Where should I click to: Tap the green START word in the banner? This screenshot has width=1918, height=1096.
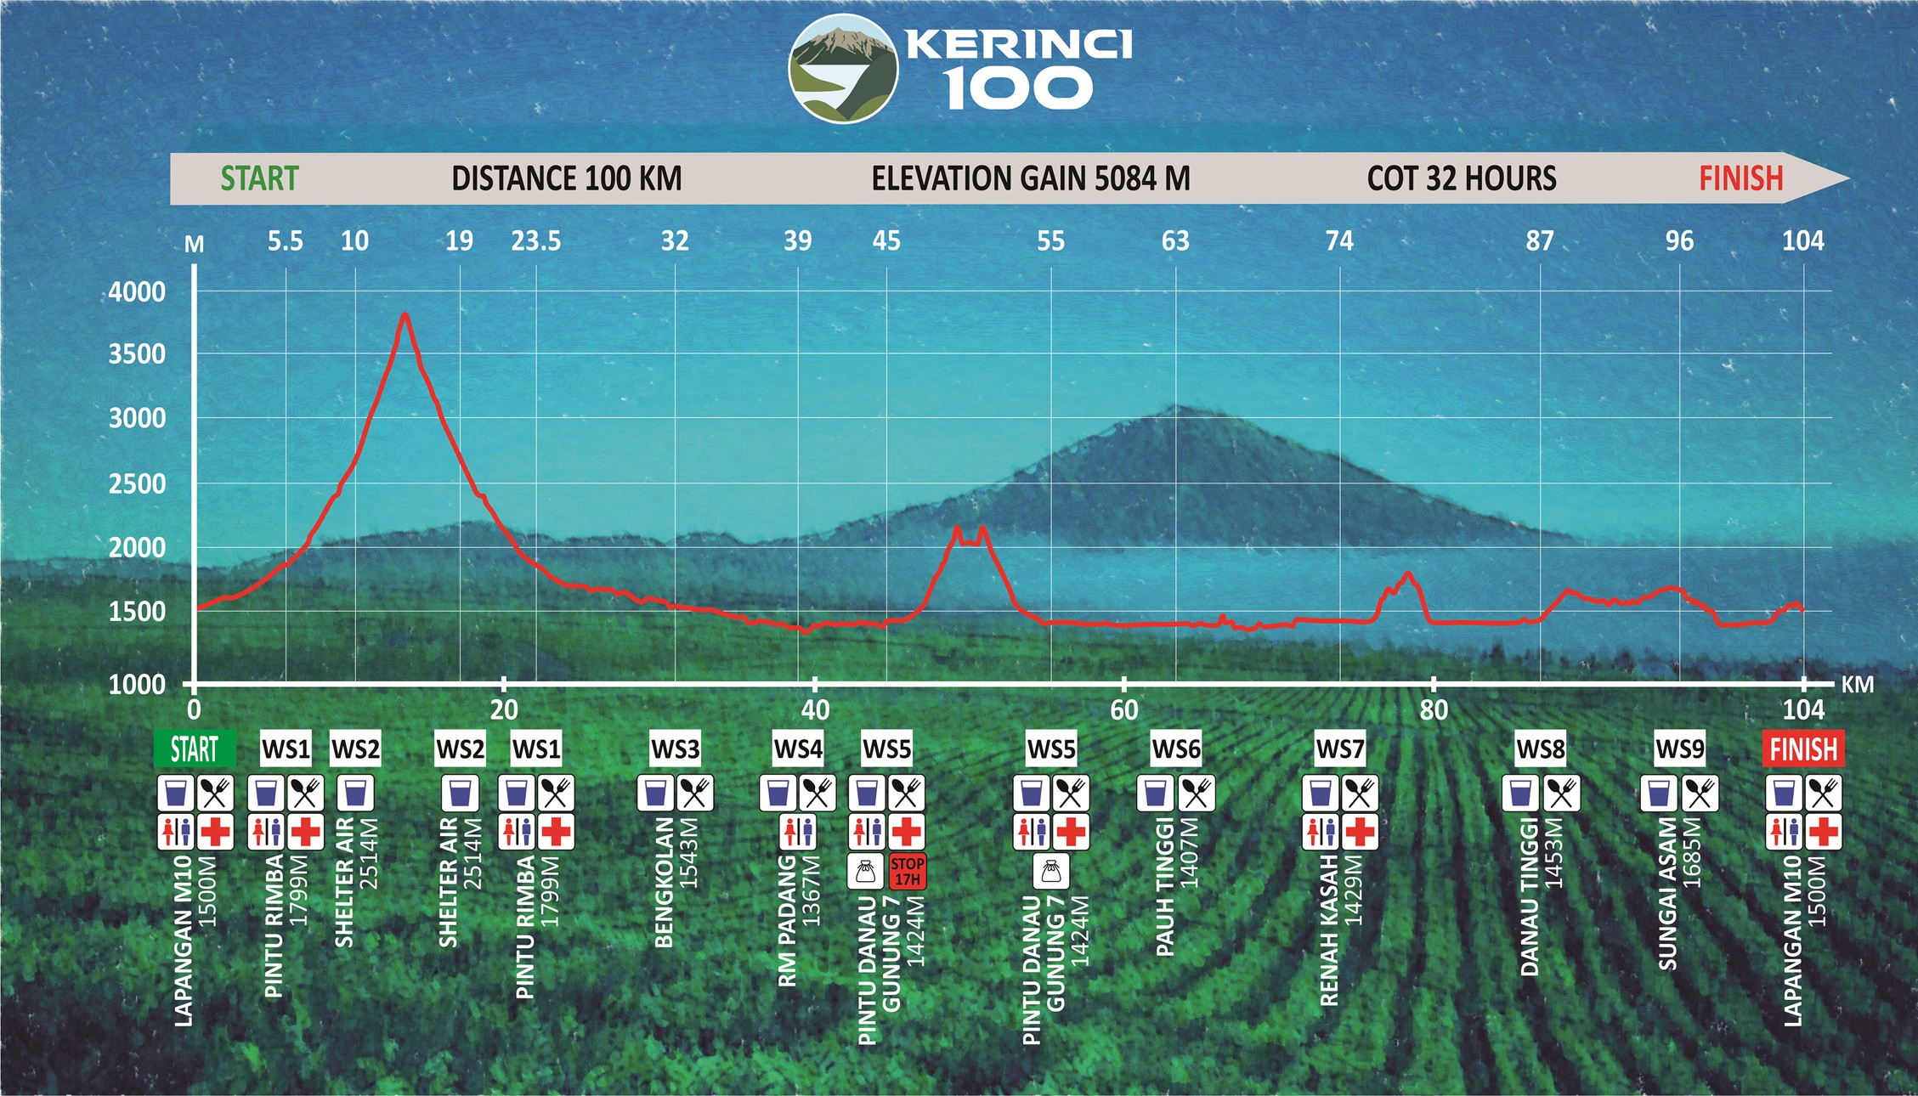click(259, 178)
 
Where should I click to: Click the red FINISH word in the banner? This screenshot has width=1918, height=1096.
click(1740, 178)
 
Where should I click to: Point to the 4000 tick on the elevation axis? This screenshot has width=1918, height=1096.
click(137, 292)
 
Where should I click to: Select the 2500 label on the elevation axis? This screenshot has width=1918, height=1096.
click(137, 484)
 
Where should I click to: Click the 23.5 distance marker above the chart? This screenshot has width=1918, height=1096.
click(535, 241)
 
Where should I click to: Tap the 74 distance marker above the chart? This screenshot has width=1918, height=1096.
click(1339, 241)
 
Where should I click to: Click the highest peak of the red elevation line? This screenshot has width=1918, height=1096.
click(405, 315)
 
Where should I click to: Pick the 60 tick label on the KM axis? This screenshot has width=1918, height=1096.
click(1123, 710)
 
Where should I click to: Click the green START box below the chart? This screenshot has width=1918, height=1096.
click(195, 749)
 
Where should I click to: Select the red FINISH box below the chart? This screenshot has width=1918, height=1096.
click(1803, 749)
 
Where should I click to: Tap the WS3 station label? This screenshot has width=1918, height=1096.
click(676, 749)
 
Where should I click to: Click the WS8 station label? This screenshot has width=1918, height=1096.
click(1541, 749)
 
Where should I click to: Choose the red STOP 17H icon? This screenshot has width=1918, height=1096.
click(907, 871)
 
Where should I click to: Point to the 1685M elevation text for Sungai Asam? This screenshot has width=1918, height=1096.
click(1692, 852)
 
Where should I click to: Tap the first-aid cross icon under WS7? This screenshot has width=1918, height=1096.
click(1359, 832)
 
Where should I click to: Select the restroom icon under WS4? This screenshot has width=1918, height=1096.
click(797, 832)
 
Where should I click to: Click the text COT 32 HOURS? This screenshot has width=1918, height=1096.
click(1462, 178)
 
